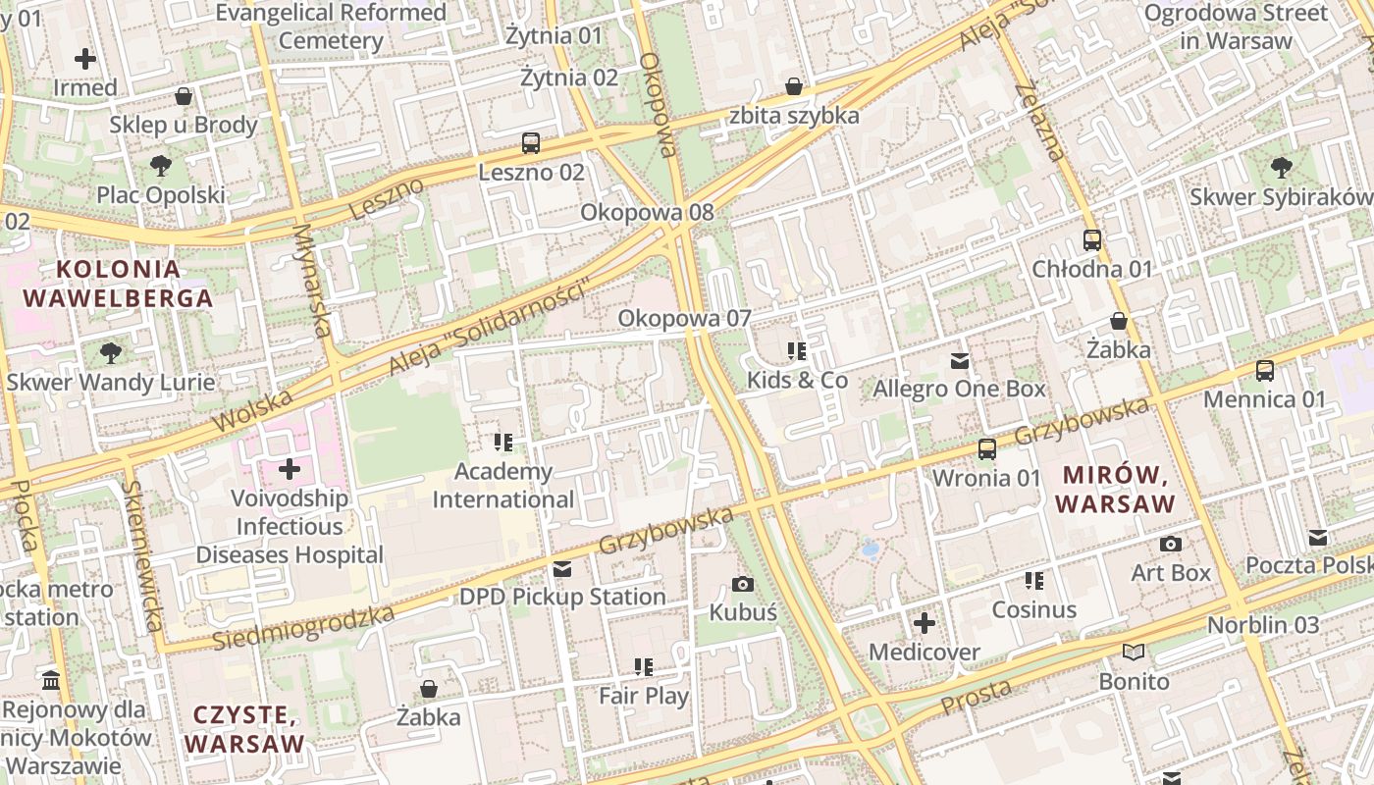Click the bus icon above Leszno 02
pos(531,143)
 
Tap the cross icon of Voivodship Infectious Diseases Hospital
pos(290,469)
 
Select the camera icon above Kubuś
pos(743,585)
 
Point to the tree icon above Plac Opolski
pos(161,166)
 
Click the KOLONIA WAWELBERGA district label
pos(118,284)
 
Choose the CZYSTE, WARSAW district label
pos(245,729)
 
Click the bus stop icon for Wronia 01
pos(987,449)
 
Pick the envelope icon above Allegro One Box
pos(960,361)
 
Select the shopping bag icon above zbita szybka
pos(794,87)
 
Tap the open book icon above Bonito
pos(1134,653)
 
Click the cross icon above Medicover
pos(924,623)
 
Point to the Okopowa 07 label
pos(684,318)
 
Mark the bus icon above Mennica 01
pos(1265,371)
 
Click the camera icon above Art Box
pos(1170,544)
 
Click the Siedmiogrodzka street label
pos(303,628)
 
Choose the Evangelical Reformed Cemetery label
pos(331,26)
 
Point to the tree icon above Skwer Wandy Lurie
pos(111,352)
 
